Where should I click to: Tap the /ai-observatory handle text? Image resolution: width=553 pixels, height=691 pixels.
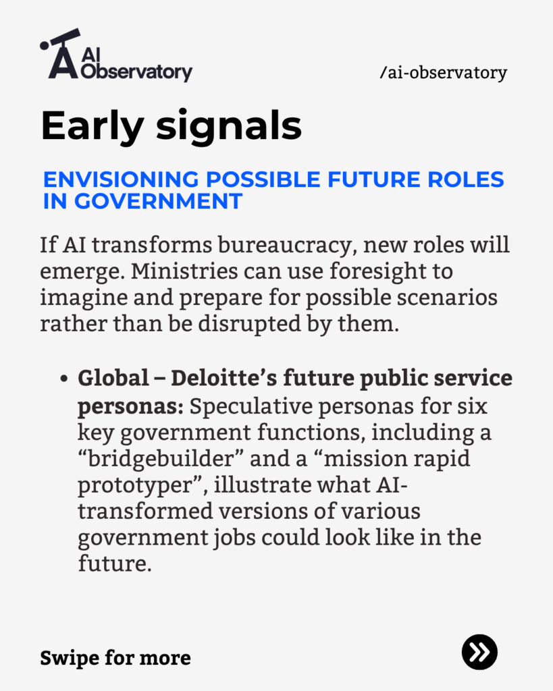443,73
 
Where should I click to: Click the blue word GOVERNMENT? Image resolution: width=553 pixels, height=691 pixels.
158,201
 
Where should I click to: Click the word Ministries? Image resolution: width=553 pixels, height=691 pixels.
184,271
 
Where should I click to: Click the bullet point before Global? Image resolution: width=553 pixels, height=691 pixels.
64,379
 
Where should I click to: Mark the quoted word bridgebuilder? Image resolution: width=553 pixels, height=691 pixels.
161,459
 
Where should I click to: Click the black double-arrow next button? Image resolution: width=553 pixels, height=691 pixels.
480,653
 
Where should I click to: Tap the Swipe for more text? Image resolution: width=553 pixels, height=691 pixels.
115,658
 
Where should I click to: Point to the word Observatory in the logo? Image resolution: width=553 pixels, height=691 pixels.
136,72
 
